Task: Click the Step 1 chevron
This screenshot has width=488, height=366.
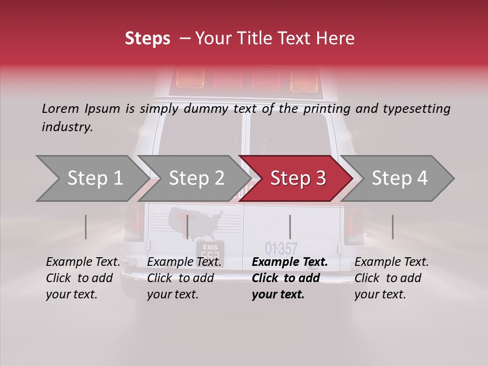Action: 94,178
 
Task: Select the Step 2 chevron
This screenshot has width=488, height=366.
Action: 196,178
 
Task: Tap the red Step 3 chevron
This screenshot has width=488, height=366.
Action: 297,178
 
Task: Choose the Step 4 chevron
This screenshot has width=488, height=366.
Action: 399,178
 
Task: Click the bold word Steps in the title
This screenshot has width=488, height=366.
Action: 147,39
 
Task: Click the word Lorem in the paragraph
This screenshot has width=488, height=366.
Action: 60,108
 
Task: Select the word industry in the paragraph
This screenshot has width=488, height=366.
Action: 67,127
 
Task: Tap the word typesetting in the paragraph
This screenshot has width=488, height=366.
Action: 417,108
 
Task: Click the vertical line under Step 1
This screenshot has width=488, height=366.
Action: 86,227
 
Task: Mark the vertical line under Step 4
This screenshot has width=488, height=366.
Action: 392,227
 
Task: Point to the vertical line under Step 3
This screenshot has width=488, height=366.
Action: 290,227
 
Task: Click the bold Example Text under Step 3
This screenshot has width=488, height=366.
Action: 290,262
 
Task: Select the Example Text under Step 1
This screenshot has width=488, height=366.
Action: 83,262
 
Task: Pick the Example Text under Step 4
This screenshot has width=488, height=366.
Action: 391,262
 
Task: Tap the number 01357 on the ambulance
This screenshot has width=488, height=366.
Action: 281,249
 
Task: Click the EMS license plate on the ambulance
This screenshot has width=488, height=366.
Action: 210,252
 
